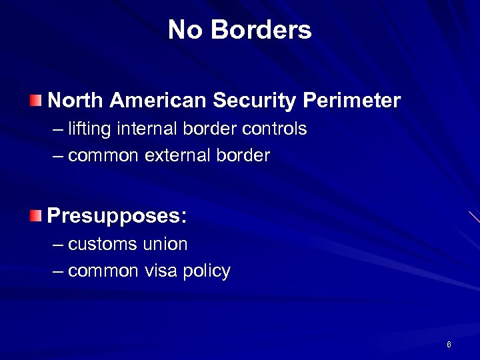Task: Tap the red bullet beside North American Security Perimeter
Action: (35, 101)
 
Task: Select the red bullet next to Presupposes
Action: (35, 215)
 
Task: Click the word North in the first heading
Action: (75, 101)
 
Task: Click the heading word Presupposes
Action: (117, 216)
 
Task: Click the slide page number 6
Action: (449, 345)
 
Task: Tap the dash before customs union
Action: (58, 245)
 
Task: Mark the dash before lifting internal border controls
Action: (58, 129)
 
